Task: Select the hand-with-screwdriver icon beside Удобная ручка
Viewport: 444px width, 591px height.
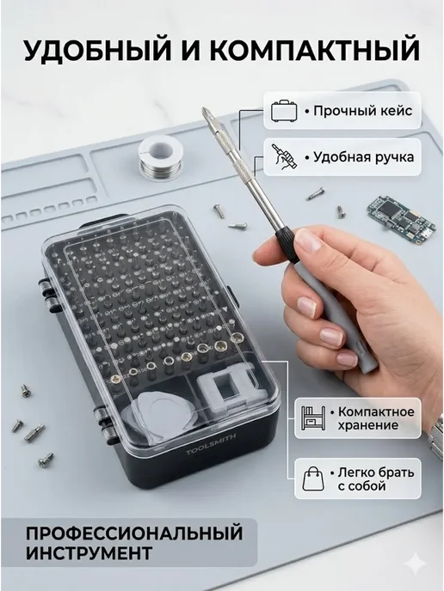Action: coord(285,157)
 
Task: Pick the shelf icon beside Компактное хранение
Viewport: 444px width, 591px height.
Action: coord(313,418)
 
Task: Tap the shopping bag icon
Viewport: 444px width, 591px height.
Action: coord(313,478)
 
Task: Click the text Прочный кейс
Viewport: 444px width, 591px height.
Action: coord(359,111)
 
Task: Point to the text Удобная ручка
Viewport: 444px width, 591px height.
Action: coord(360,157)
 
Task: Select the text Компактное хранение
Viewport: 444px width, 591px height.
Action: coord(372,418)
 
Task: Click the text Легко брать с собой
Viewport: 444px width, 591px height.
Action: coord(372,478)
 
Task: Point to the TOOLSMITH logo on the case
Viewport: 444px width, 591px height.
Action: coord(211,443)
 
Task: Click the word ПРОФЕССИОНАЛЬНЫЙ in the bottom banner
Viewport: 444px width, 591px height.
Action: coord(134,533)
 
